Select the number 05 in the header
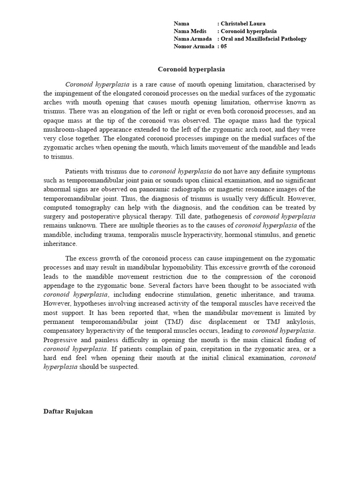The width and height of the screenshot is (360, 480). point(224,46)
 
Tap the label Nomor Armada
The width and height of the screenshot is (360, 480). point(194,46)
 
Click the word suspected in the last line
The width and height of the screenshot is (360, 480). point(123,367)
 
